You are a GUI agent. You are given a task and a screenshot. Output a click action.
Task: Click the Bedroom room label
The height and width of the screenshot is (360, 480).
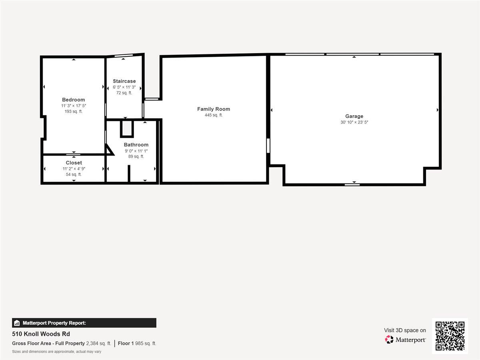pyautogui.click(x=73, y=100)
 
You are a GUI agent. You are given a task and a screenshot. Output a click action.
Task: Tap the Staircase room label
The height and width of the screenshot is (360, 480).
pyautogui.click(x=124, y=81)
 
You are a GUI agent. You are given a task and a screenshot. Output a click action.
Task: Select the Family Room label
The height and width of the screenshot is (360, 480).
pyautogui.click(x=214, y=109)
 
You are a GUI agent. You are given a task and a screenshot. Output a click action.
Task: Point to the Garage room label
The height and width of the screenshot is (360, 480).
pyautogui.click(x=354, y=116)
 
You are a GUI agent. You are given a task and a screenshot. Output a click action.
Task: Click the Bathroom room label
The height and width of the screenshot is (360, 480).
pyautogui.click(x=136, y=145)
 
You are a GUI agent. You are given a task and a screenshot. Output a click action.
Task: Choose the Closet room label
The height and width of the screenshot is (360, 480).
pyautogui.click(x=74, y=163)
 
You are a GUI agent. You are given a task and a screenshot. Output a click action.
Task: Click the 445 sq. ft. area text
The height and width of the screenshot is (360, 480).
pyautogui.click(x=214, y=115)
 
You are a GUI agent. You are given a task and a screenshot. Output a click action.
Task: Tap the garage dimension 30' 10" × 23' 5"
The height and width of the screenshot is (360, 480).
pyautogui.click(x=354, y=122)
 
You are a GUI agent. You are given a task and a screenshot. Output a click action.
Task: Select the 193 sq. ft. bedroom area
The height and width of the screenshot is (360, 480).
pyautogui.click(x=73, y=112)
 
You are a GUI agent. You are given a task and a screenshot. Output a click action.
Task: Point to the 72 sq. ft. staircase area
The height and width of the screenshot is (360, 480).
pyautogui.click(x=124, y=93)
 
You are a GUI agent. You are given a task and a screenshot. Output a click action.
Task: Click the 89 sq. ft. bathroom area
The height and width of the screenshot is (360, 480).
pyautogui.click(x=136, y=156)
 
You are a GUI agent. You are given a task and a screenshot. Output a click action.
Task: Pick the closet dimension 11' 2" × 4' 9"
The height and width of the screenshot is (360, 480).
pyautogui.click(x=74, y=169)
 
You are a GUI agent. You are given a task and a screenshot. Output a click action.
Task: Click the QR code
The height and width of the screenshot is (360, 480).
pyautogui.click(x=450, y=336)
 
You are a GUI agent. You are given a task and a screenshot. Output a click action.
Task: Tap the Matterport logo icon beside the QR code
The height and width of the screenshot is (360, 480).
pyautogui.click(x=389, y=340)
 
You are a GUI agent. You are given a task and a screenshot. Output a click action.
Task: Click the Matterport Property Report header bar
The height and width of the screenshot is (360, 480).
pyautogui.click(x=84, y=323)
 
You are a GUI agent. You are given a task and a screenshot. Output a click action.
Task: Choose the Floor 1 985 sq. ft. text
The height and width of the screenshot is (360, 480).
pyautogui.click(x=137, y=343)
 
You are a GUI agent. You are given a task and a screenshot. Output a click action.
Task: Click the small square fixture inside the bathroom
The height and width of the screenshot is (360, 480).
pyautogui.click(x=127, y=129)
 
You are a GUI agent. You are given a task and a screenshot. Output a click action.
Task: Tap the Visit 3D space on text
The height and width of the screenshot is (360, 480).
pyautogui.click(x=405, y=330)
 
